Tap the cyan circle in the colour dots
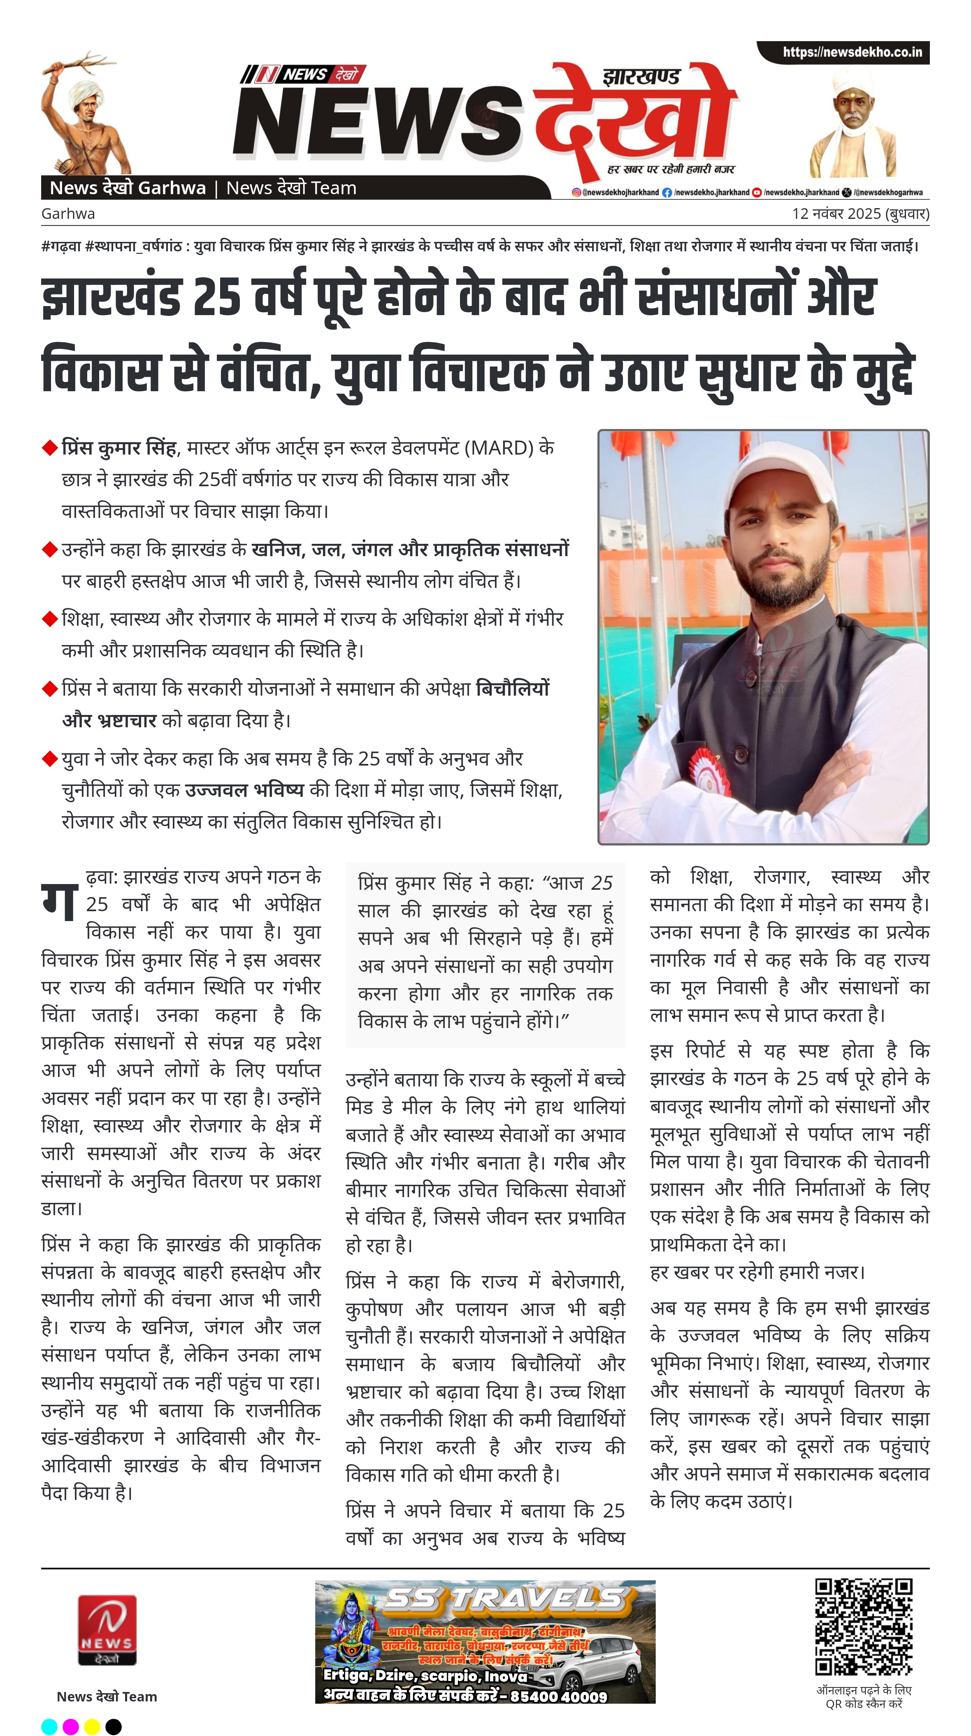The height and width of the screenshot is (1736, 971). [49, 1727]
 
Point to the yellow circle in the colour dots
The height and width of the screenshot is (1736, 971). [92, 1727]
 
